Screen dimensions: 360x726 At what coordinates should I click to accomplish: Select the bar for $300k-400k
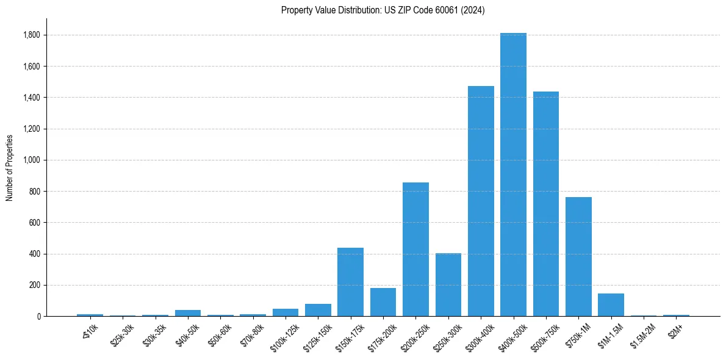click(x=481, y=201)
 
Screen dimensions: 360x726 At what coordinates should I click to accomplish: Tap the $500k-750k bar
click(x=546, y=204)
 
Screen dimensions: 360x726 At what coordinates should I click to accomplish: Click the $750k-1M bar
click(x=578, y=256)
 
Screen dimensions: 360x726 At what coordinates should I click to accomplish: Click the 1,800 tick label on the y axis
click(x=32, y=35)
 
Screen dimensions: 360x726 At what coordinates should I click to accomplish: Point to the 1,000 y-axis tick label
click(x=32, y=160)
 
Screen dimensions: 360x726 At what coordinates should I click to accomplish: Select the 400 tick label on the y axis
click(x=34, y=254)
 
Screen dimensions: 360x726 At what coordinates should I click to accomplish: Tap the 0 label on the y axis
click(x=38, y=316)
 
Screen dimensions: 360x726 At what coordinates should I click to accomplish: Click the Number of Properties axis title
click(x=10, y=168)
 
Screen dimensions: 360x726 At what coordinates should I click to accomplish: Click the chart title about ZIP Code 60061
click(x=383, y=10)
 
